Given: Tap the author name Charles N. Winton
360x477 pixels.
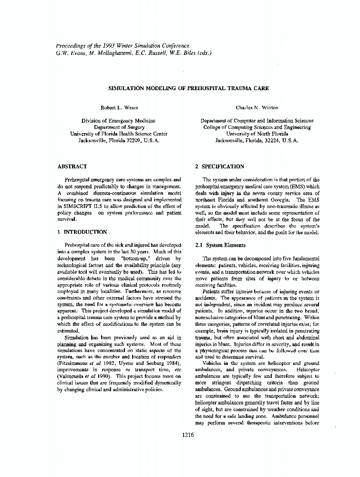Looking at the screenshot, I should coord(257,108).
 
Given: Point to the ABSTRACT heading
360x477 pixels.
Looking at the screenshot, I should coord(72,166).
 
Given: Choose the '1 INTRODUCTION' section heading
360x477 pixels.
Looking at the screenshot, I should coord(82,232).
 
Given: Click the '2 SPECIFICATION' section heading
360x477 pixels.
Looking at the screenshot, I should coord(220,166).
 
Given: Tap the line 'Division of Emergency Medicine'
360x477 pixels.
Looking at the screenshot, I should coord(118,121).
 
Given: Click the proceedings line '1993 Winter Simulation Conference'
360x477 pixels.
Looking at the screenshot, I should coord(144,46).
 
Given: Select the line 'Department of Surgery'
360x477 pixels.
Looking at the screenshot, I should coord(118,128).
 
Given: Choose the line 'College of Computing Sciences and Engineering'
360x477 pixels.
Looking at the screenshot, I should coord(257,127).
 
